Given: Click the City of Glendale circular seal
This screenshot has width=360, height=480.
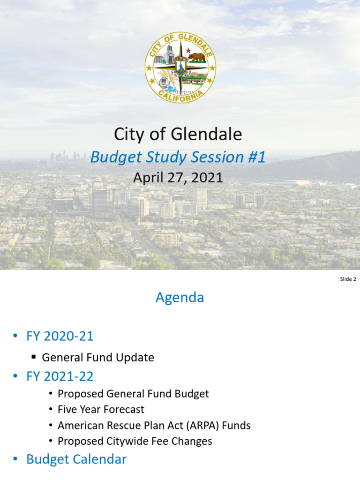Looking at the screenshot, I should (180, 68).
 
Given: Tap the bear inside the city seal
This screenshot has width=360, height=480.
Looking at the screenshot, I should (196, 57).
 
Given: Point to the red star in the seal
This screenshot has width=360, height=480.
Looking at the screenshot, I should (188, 51).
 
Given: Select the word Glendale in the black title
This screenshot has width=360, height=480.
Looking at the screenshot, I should (206, 135).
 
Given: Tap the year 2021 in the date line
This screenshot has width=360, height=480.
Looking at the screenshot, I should (207, 178).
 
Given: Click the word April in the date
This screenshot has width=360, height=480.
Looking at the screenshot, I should (147, 178).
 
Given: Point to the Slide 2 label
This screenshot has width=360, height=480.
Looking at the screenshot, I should (348, 279).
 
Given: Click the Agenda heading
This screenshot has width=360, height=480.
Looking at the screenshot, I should (180, 298).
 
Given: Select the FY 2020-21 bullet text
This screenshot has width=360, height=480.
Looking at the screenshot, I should (60, 336).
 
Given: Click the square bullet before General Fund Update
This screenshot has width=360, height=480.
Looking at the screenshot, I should (34, 357).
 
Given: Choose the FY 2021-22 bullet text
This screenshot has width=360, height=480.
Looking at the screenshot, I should (60, 376).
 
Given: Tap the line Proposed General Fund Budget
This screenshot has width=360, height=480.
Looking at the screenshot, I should (133, 394).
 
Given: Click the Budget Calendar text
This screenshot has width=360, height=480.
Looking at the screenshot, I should (76, 459).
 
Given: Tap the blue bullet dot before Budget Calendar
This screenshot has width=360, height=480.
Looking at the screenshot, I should (15, 460).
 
